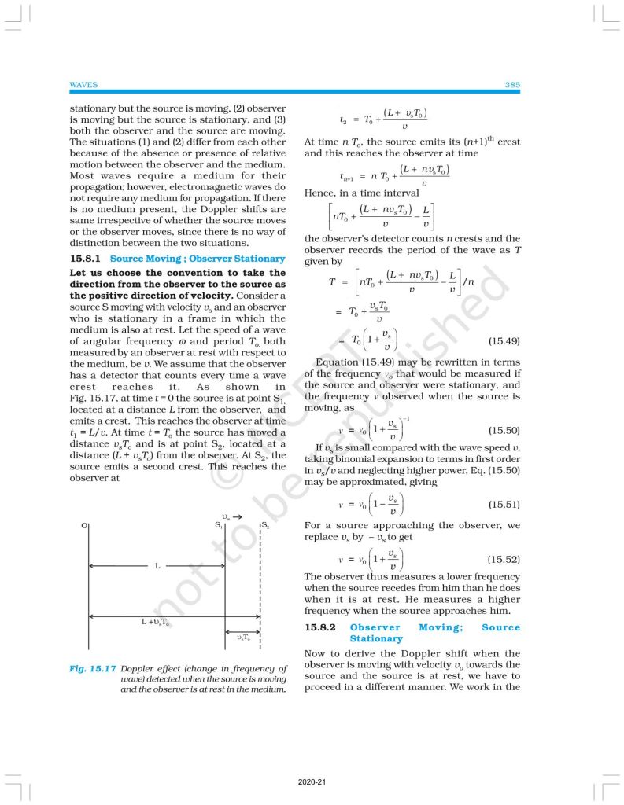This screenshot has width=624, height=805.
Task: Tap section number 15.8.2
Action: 320,627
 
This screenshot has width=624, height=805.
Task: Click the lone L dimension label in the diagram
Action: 157,566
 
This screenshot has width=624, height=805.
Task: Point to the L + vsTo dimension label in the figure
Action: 155,623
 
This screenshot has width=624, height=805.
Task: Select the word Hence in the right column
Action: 319,193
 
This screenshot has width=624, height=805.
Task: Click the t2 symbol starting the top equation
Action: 343,120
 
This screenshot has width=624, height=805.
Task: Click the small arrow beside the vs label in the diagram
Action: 238,516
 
